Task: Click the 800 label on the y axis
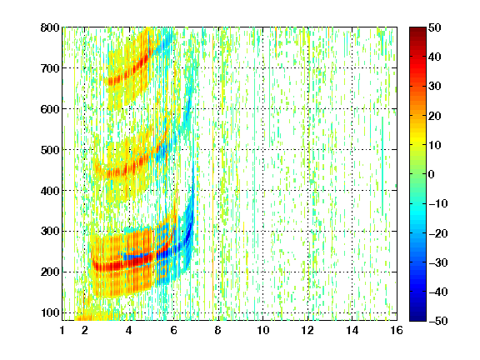tap(50, 27)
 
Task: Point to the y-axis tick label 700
tap(50, 68)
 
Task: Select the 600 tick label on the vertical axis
tap(50, 109)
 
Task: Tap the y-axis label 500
tap(50, 150)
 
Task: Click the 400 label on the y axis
tap(50, 191)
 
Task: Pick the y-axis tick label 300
tap(50, 231)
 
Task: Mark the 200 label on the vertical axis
tap(50, 272)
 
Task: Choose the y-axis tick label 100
tap(50, 312)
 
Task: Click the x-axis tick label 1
tap(62, 330)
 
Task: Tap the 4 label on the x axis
tap(129, 330)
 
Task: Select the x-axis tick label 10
tap(263, 330)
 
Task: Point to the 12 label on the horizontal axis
tap(307, 330)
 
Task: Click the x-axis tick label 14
tap(352, 330)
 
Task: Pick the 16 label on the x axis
tap(397, 330)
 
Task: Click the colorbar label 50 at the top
tap(435, 27)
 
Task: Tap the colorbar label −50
tap(438, 321)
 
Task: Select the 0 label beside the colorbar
tap(432, 174)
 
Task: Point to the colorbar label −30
tap(438, 262)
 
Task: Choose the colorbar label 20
tap(435, 116)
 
